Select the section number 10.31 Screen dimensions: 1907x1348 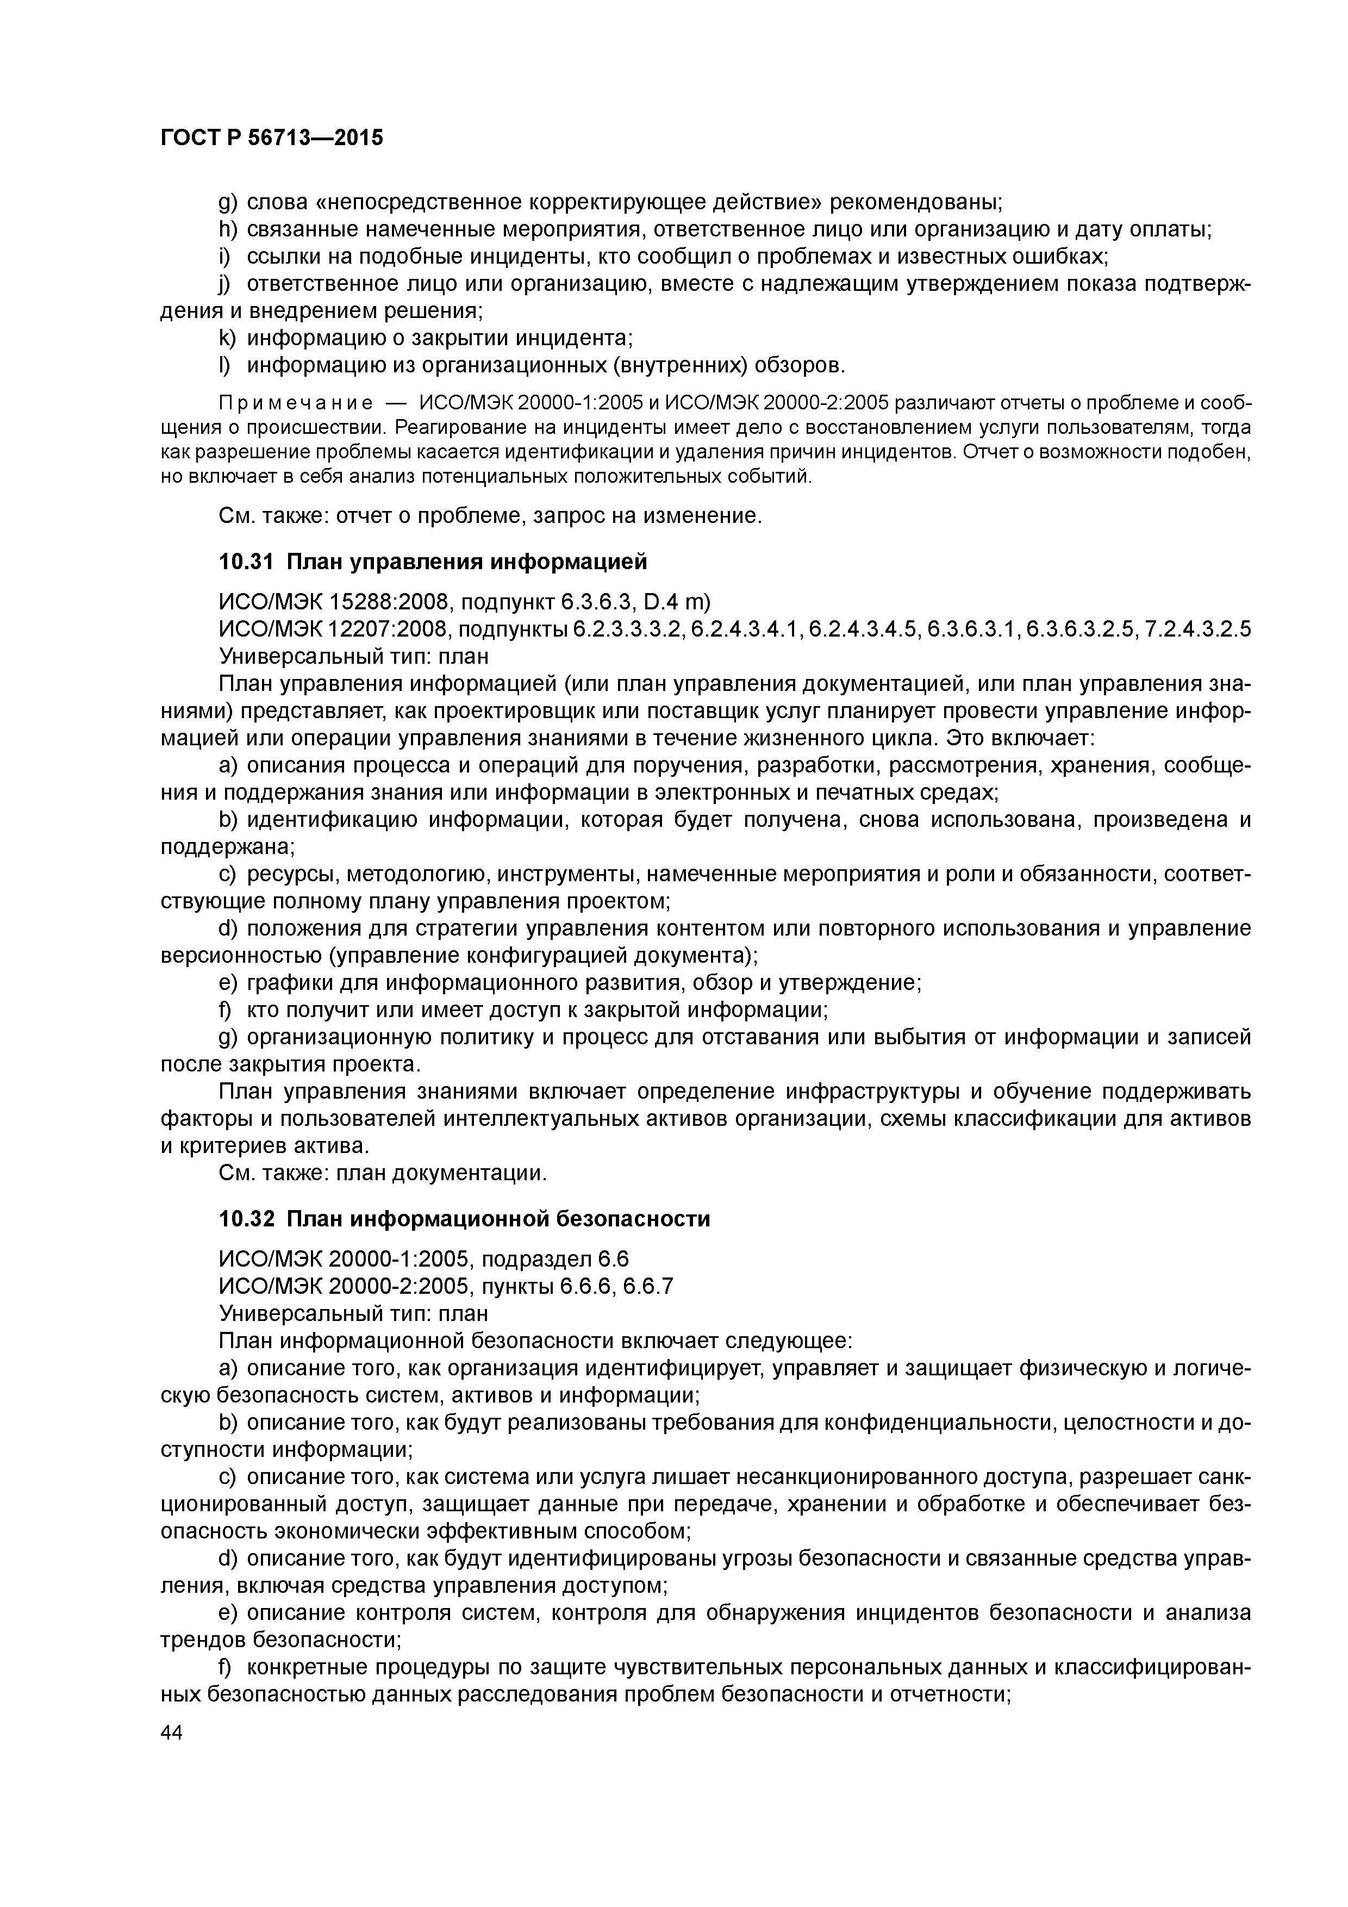246,562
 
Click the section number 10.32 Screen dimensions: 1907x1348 246,1219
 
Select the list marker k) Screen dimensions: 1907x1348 228,338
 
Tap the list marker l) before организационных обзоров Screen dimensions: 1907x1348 225,365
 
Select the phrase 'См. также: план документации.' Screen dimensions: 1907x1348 383,1174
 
